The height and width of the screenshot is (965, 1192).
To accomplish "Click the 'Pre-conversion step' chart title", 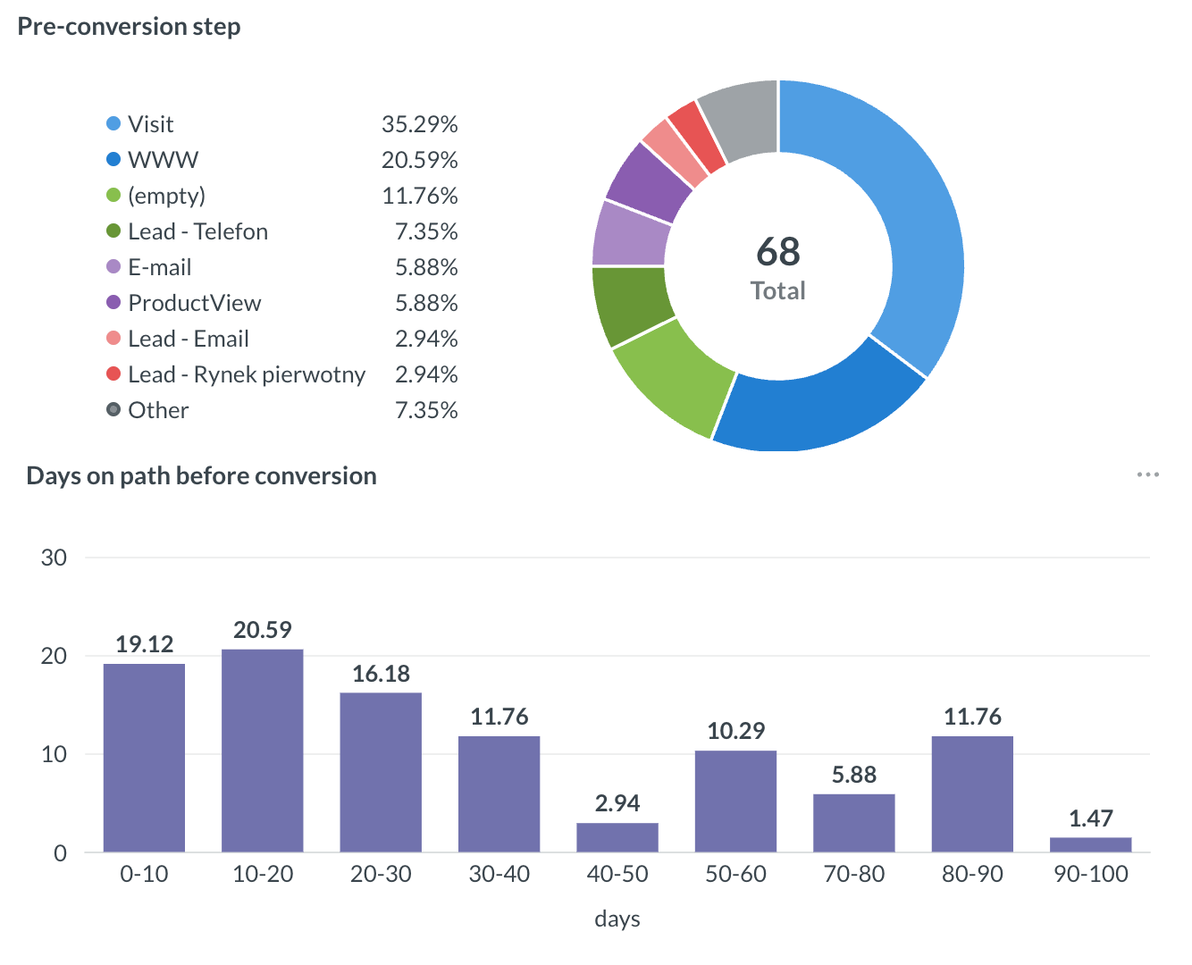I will (130, 27).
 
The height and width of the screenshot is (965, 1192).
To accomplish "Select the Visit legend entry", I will (150, 124).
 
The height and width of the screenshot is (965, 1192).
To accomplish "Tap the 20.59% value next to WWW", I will (419, 160).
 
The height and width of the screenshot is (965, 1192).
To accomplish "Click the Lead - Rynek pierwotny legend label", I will (246, 374).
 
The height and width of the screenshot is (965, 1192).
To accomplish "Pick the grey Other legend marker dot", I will (113, 410).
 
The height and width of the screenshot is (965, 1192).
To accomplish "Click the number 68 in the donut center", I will (777, 252).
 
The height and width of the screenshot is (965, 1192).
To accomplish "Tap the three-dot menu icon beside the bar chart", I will (1147, 474).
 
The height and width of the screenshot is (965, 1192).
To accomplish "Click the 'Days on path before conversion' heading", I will (201, 476).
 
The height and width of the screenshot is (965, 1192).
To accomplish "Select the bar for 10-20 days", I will (263, 751).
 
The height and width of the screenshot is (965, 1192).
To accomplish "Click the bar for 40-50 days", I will (617, 837).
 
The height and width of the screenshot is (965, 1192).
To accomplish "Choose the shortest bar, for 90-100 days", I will (1090, 844).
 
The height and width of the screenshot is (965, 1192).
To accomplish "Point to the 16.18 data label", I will (381, 674).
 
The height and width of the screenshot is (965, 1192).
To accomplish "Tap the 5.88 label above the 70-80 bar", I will (854, 775).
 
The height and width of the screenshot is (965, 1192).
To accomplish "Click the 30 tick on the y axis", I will (55, 558).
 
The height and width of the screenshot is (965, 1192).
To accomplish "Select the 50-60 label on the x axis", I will (735, 874).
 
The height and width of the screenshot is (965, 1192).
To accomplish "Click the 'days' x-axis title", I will (617, 919).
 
